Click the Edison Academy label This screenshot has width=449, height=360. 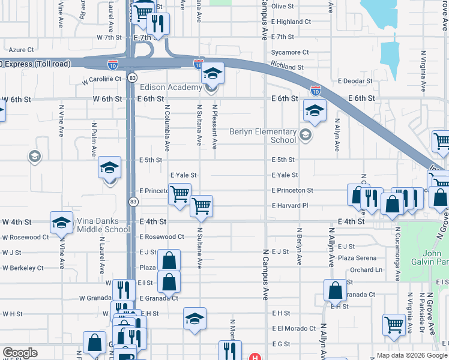pyautogui.click(x=171, y=88)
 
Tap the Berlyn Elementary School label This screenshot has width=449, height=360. pyautogui.click(x=264, y=136)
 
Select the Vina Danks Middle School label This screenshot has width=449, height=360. pyautogui.click(x=103, y=225)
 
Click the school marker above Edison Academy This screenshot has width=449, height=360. pyautogui.click(x=212, y=73)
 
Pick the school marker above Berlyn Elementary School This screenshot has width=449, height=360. pyautogui.click(x=314, y=110)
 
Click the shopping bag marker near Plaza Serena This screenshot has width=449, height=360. pyautogui.click(x=334, y=290)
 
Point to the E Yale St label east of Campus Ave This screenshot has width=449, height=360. pyautogui.click(x=285, y=175)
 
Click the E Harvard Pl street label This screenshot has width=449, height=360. pyautogui.click(x=289, y=206)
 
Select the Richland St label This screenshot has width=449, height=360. pyautogui.click(x=287, y=68)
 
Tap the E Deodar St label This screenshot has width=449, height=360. pyautogui.click(x=357, y=81)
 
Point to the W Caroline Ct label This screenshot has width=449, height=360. pyautogui.click(x=102, y=79)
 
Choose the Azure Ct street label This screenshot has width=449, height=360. pyautogui.click(x=21, y=50)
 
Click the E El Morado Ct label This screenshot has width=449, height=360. pyautogui.click(x=294, y=329)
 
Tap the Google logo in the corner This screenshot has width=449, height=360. pyautogui.click(x=20, y=353)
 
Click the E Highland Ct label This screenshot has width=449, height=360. pyautogui.click(x=291, y=22)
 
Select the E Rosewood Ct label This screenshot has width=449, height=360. pyautogui.click(x=161, y=237)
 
